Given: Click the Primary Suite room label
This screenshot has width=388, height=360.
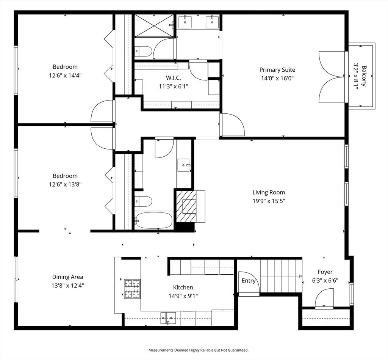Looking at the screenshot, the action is click(x=277, y=70).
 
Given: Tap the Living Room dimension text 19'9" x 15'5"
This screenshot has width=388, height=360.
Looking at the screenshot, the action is click(x=269, y=201).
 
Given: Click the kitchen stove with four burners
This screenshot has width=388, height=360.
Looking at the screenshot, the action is click(x=132, y=289).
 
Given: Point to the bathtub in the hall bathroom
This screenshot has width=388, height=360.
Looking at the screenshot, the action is click(x=154, y=220).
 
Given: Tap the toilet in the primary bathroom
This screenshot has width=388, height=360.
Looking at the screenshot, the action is click(x=144, y=51).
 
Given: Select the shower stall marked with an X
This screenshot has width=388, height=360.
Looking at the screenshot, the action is click(x=154, y=26).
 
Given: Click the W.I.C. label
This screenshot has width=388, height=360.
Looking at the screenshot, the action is click(x=173, y=78).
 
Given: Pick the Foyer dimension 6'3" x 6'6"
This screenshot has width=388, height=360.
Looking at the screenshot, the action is click(x=325, y=280).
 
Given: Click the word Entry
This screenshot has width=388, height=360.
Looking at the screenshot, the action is click(x=249, y=281).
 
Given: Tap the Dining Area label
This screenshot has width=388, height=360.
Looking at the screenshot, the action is click(x=67, y=277).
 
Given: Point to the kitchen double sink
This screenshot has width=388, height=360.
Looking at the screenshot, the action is click(x=168, y=318).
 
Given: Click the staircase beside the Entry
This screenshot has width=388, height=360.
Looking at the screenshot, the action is click(x=281, y=276).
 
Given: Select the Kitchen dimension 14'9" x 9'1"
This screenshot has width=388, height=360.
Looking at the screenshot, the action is click(x=183, y=296).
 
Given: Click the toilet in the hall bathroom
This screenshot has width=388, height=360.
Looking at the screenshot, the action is click(x=144, y=201).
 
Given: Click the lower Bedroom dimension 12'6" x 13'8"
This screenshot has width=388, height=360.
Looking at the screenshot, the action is click(x=65, y=184).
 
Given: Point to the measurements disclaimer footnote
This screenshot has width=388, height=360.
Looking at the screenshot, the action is click(x=199, y=350).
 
